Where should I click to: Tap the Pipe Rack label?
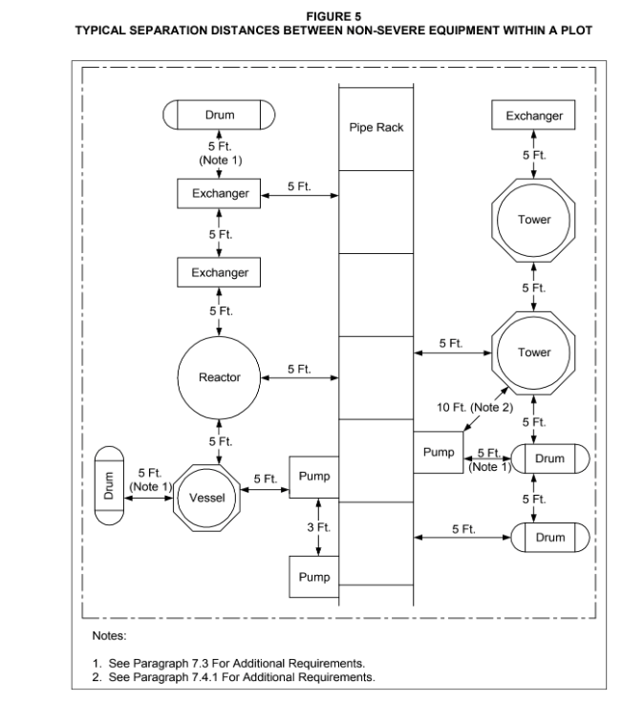tap(376, 128)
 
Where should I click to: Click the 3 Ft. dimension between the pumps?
tap(318, 527)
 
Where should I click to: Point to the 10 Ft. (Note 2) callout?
tap(475, 407)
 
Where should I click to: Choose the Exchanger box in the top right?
tap(533, 116)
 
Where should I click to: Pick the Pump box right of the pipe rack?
tap(439, 452)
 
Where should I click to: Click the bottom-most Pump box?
tap(314, 577)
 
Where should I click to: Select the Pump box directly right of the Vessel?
tap(314, 477)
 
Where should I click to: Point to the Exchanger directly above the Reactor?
tap(219, 272)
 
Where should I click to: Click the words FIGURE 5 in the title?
tap(333, 16)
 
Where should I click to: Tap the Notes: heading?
tap(110, 636)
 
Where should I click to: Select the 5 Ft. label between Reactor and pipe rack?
tap(299, 369)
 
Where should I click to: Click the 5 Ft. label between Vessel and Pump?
tap(266, 479)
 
